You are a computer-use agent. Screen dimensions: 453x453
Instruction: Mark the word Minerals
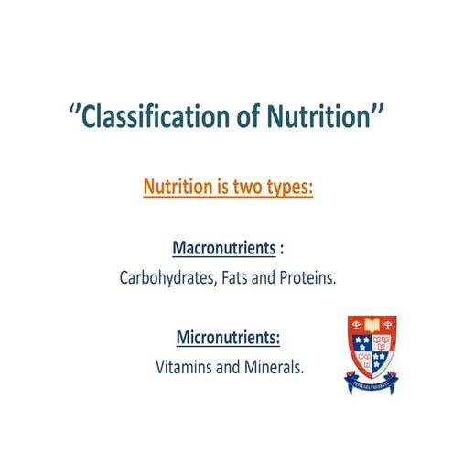tap(271, 368)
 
